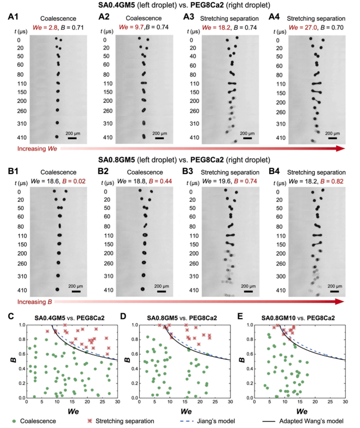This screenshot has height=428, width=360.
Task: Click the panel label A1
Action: pyautogui.click(x=13, y=17)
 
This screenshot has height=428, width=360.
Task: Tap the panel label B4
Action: pyautogui.click(x=274, y=171)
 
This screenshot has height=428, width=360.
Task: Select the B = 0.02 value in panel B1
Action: pyautogui.click(x=74, y=181)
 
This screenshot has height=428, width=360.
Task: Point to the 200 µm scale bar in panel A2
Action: pyautogui.click(x=159, y=138)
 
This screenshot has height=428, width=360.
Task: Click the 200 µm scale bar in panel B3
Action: pyautogui.click(x=248, y=291)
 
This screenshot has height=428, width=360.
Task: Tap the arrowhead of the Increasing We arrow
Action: pyautogui.click(x=340, y=148)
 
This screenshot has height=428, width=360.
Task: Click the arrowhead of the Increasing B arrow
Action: pyautogui.click(x=339, y=302)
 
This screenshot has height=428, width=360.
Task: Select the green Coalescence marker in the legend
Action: pyautogui.click(x=14, y=421)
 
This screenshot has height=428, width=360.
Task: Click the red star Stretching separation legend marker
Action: pyautogui.click(x=90, y=421)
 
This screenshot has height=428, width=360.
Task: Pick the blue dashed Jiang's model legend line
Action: pyautogui.click(x=187, y=421)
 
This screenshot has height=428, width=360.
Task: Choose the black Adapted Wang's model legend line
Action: pyautogui.click(x=269, y=421)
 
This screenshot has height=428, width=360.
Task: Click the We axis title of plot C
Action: pyautogui.click(x=73, y=411)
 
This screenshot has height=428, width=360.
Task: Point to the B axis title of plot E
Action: pyautogui.click(x=241, y=361)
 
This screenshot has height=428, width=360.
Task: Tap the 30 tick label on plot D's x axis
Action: pyautogui.click(x=231, y=401)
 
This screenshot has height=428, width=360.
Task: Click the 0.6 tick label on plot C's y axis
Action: pyautogui.click(x=22, y=354)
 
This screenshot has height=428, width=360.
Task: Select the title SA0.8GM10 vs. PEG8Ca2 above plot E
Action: pyautogui.click(x=298, y=318)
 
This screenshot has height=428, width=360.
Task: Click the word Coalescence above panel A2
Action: pyautogui.click(x=144, y=18)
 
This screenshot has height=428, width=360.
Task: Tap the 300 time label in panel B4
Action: pyautogui.click(x=281, y=276)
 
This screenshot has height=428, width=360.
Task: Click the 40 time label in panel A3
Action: pyautogui.click(x=193, y=56)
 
